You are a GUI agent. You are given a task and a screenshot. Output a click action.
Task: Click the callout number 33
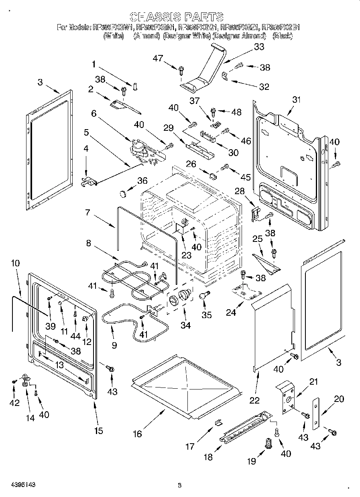pos(259,47)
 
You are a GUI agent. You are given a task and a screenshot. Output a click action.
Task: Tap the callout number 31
pos(296,100)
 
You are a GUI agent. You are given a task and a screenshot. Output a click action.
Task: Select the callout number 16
pos(137,434)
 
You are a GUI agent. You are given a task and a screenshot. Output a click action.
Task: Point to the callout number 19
pos(251,461)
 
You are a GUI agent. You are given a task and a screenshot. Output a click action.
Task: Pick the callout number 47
pos(158,58)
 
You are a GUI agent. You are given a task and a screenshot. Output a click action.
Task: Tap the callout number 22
pos(254,400)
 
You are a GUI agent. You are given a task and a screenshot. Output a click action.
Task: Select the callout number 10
pos(15,263)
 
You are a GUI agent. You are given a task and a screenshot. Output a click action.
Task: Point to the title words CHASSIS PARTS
pos(177,17)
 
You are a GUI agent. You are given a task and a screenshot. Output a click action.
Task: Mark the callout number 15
pos(98,431)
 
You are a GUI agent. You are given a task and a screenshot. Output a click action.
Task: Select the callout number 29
pos(168,128)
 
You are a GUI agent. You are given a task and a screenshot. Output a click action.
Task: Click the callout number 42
pos(14,403)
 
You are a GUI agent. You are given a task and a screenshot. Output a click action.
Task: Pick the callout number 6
pos(94,114)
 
